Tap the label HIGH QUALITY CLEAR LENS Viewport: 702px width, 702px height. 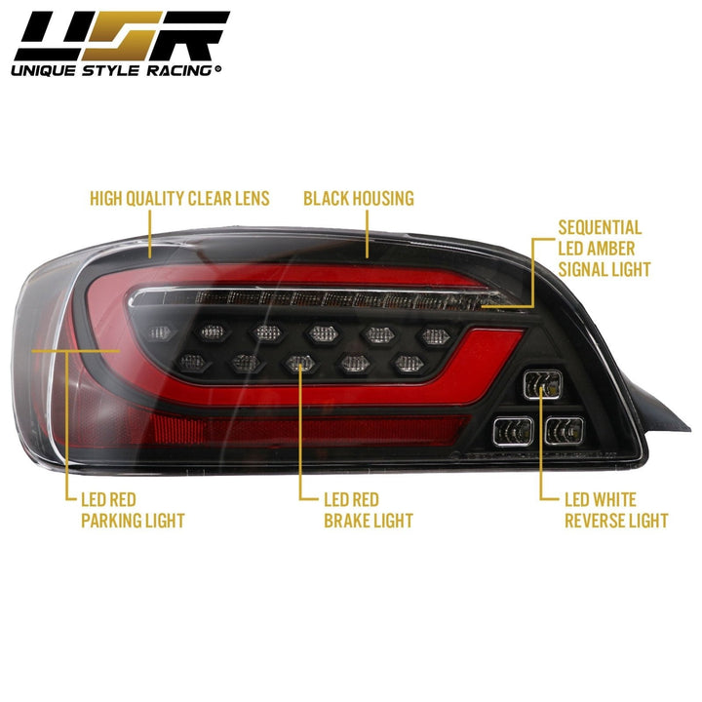[x=179, y=199]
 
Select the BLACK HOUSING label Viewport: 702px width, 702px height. [x=358, y=199]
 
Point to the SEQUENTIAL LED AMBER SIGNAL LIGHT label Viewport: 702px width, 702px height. [x=604, y=248]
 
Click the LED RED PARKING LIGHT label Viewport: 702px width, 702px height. [x=132, y=509]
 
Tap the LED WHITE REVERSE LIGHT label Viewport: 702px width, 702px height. [x=616, y=509]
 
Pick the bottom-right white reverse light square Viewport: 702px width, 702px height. [x=564, y=428]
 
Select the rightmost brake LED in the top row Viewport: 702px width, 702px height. [x=432, y=334]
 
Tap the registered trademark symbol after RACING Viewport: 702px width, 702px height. [x=217, y=69]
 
